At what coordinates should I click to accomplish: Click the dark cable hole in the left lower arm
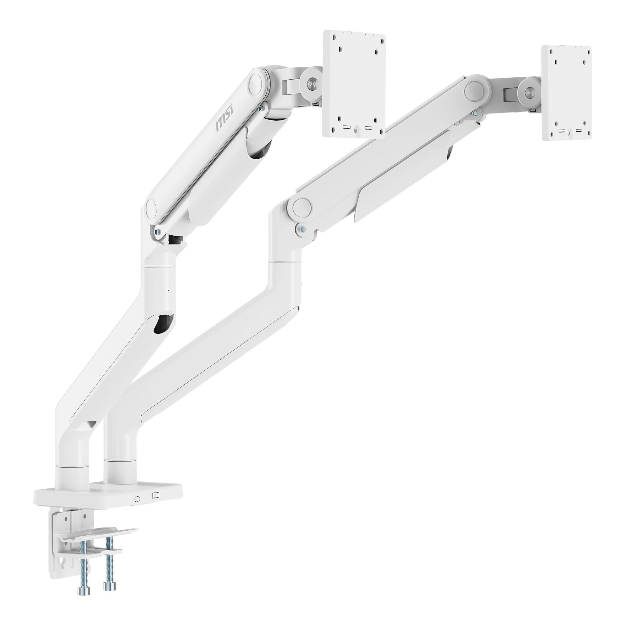pos(164,323)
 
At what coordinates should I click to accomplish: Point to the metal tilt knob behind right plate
pos(529,92)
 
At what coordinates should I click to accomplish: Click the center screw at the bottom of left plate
pos(355,131)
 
